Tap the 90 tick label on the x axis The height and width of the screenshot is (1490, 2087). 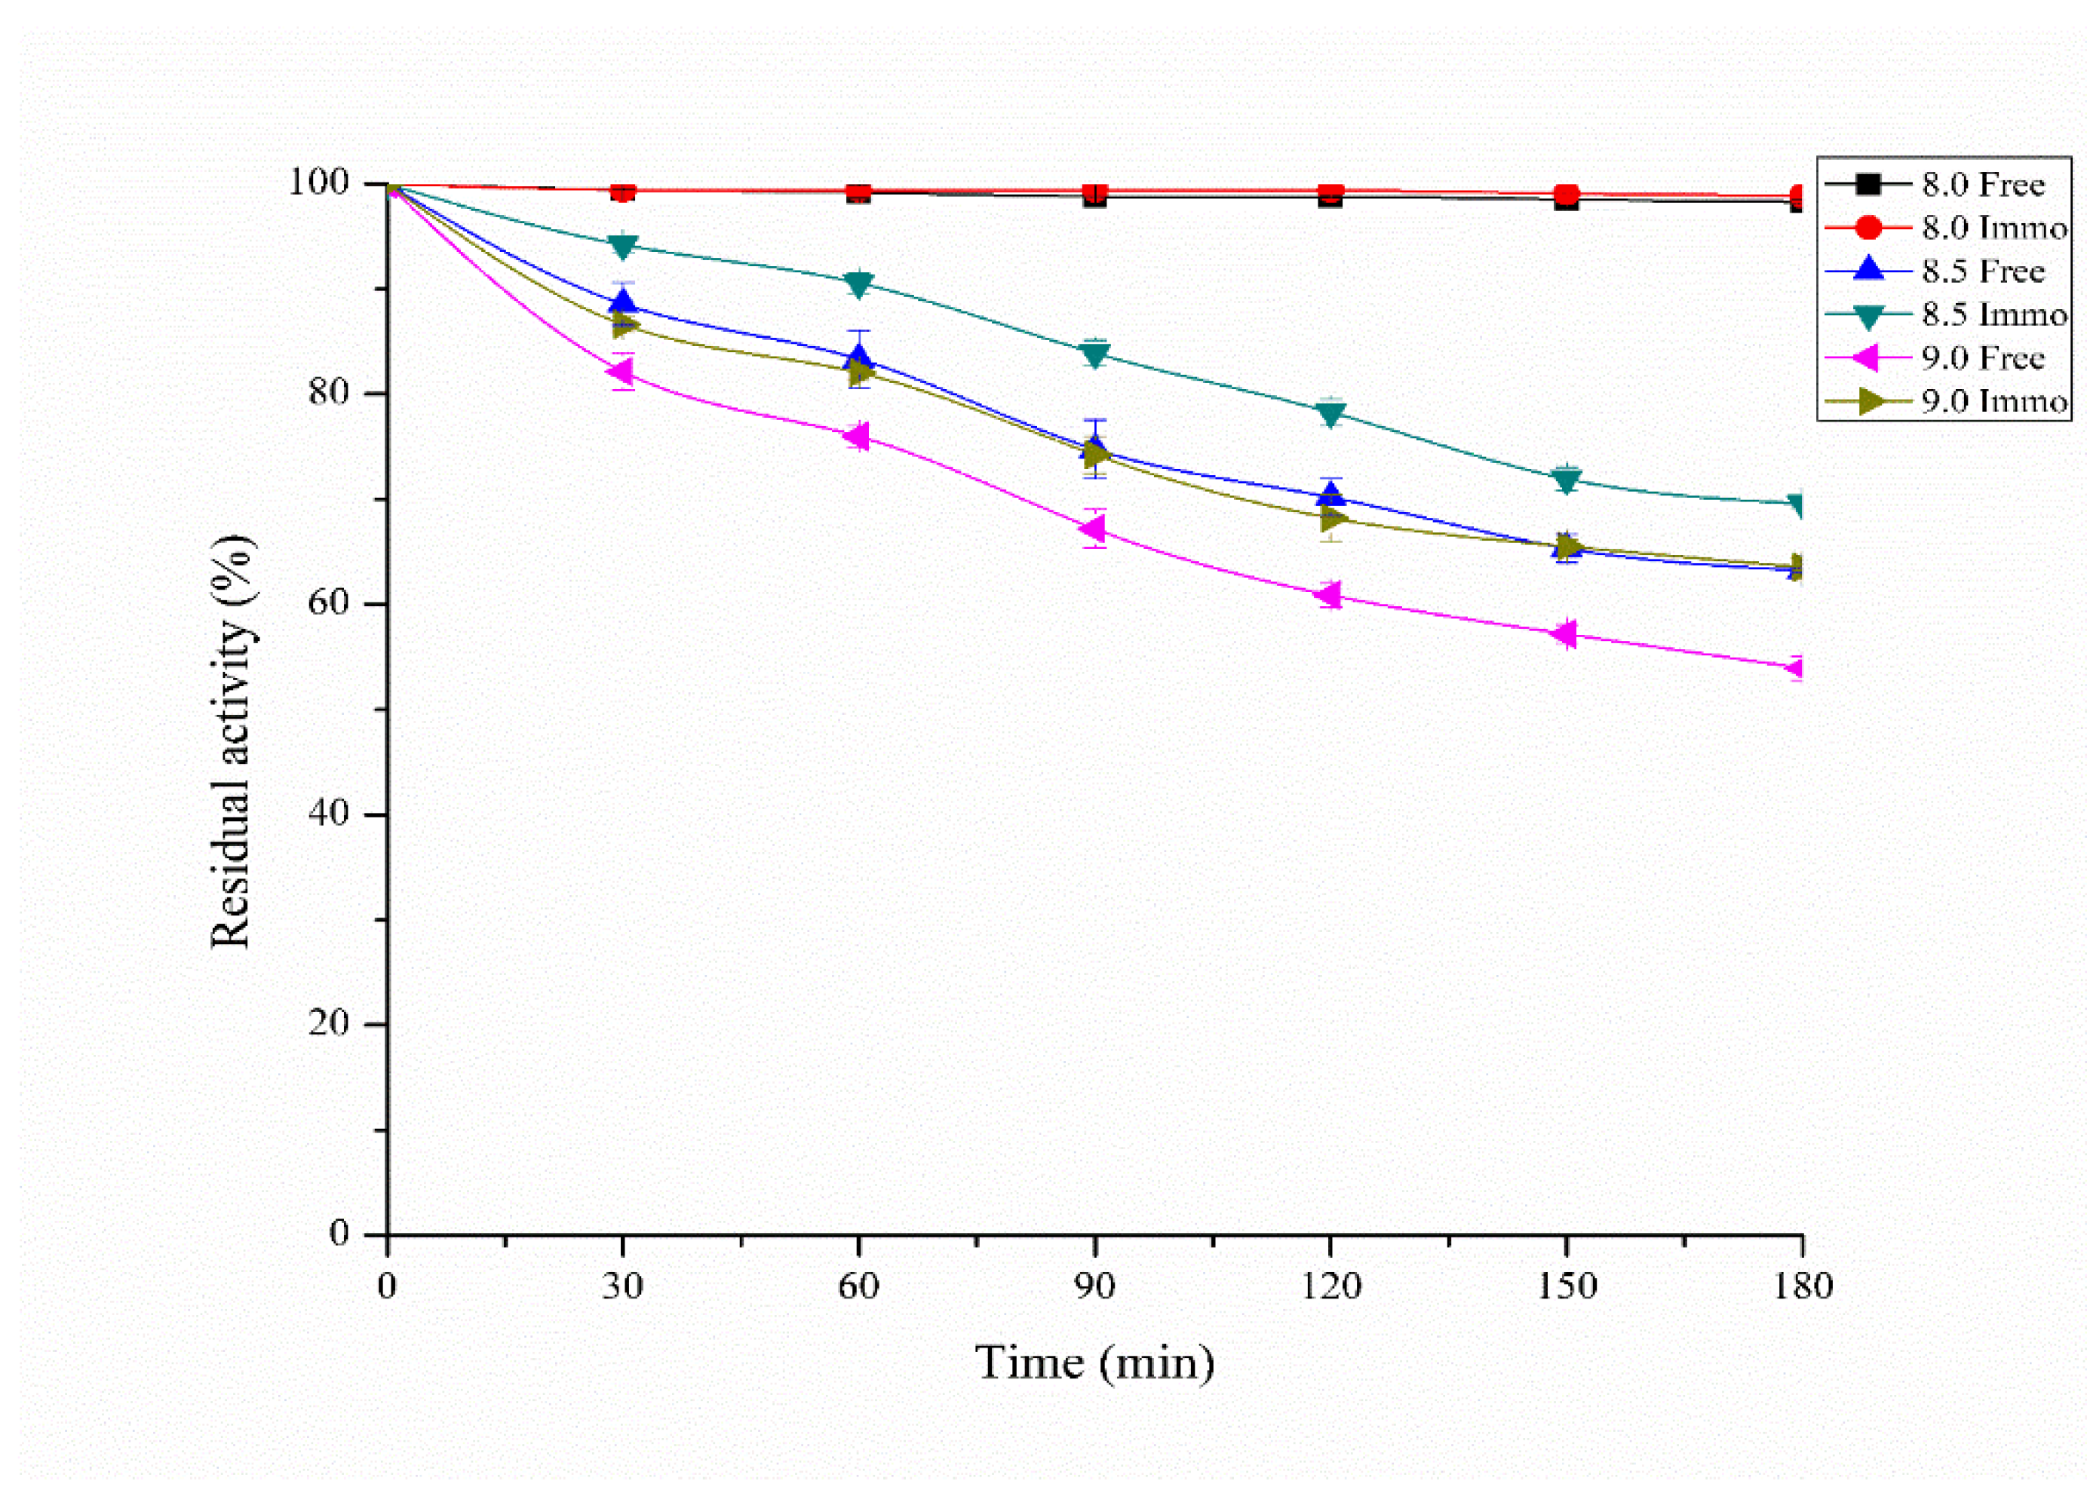coord(1094,1286)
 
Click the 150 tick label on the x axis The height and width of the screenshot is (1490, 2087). coord(1567,1286)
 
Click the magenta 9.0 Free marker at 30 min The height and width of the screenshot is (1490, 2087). coord(621,372)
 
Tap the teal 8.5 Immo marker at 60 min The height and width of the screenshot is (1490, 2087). coord(858,284)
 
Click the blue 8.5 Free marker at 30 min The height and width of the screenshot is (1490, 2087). coord(623,302)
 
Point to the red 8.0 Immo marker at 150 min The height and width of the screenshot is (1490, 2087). coord(1567,195)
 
